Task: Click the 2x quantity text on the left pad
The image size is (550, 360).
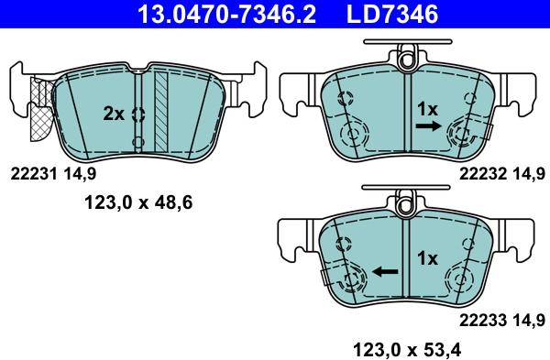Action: coord(113,114)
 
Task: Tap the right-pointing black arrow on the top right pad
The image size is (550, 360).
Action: coord(426,128)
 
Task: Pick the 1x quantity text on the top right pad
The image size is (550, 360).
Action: coord(427,108)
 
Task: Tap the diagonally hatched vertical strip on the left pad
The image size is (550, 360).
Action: coord(161,106)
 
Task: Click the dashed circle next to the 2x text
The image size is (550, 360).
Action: coord(138,115)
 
